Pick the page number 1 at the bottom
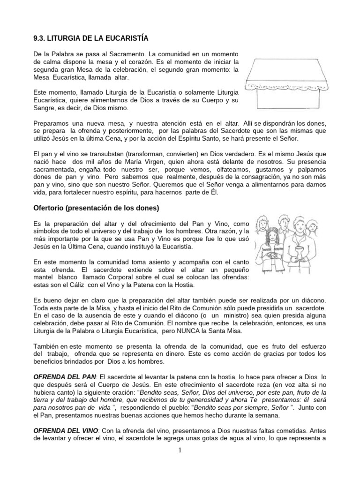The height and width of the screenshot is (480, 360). coord(180,450)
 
